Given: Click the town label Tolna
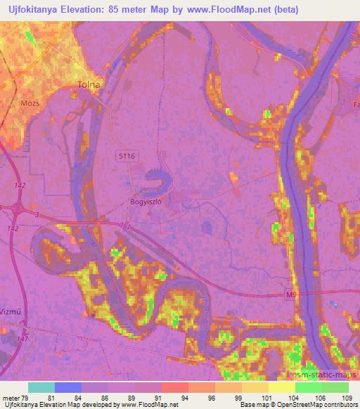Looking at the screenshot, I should (89, 85).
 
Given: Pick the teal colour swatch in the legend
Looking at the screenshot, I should (41, 387).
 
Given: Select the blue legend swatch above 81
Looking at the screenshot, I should (67, 387).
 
